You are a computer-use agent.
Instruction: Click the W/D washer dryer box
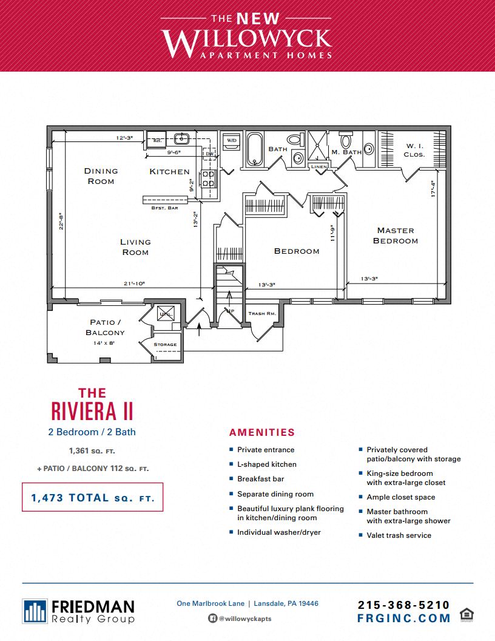point(231,141)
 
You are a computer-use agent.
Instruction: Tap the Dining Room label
point(101,176)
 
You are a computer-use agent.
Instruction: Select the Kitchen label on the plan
point(169,172)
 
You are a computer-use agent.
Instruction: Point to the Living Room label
point(135,247)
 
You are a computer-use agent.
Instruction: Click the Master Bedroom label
point(396,236)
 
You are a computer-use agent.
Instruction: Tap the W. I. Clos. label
point(414,150)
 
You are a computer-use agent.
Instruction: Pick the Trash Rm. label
point(262,314)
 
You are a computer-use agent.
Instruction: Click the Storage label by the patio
point(165,345)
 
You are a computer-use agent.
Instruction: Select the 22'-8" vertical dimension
point(61,225)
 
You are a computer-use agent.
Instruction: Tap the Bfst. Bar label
point(164,208)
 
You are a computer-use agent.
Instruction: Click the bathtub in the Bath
point(254,149)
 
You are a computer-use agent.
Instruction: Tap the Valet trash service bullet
point(399,535)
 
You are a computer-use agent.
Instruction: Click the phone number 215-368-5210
point(404,605)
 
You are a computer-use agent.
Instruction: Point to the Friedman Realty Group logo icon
point(35,611)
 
